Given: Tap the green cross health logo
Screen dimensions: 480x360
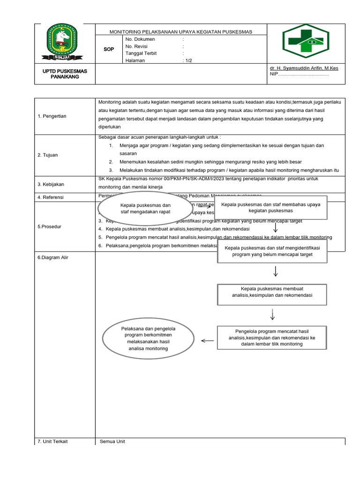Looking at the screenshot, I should coord(306,41).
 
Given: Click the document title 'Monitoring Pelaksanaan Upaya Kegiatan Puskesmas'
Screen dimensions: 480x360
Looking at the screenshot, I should coord(180,32).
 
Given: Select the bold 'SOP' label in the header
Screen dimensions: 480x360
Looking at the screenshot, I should coord(109,49).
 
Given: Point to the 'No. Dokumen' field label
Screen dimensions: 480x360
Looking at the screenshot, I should coord(140,39).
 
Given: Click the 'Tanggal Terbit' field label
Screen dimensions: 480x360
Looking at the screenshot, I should coord(141,53).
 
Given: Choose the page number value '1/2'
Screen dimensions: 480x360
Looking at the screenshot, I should coord(188,60).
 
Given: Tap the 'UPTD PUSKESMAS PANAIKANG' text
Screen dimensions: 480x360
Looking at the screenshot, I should coord(65,74).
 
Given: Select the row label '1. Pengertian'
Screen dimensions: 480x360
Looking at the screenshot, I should coord(52,116).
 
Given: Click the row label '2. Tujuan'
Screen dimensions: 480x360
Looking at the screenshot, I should coord(48,155).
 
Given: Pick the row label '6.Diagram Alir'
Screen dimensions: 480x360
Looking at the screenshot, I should coord(52,257).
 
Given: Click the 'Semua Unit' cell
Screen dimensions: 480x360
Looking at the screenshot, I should coord(112,442).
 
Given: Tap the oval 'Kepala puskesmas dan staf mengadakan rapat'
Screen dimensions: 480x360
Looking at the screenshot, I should coord(145,209).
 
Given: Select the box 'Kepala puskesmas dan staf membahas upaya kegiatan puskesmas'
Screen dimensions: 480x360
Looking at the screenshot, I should coord(270,208).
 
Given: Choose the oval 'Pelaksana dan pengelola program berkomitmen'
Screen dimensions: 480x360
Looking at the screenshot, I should coord(148,338).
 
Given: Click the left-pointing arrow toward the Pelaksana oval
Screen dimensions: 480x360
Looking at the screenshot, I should coord(207,341).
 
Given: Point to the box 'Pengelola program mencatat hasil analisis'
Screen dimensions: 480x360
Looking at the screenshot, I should coord(272,337).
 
